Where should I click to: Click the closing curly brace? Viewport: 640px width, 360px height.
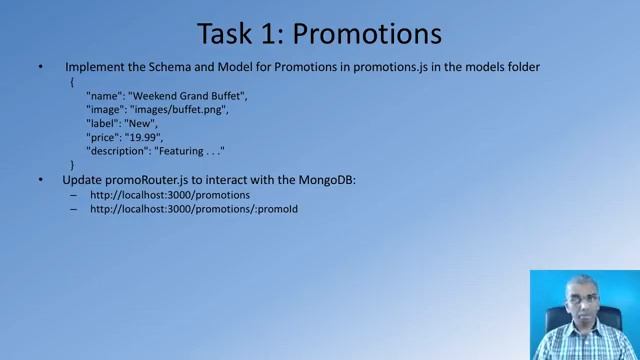click(72, 164)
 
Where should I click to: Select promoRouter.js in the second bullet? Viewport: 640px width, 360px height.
click(139, 179)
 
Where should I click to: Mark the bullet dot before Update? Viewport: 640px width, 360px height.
click(40, 180)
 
